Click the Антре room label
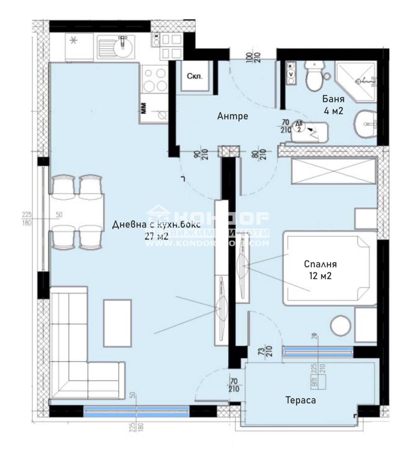click(232, 116)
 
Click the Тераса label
click(300, 400)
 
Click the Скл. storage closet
click(194, 76)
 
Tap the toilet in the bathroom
click(314, 76)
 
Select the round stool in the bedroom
click(341, 326)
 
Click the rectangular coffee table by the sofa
click(118, 323)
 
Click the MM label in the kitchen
click(144, 108)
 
